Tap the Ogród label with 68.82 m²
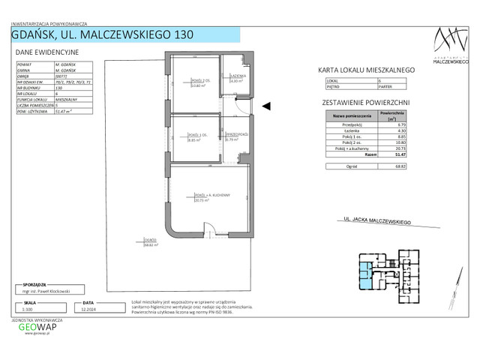point(150,241)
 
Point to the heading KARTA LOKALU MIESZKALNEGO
point(367,69)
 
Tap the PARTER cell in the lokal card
point(384,85)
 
